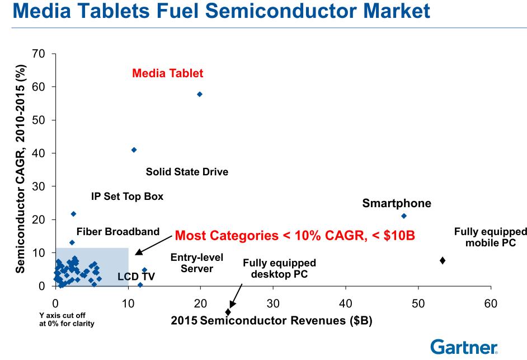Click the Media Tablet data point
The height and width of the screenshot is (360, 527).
(x=200, y=94)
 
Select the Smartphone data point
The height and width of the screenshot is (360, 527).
(x=404, y=216)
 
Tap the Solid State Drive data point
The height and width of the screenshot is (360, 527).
(x=134, y=150)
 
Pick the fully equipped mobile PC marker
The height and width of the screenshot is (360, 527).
(x=443, y=260)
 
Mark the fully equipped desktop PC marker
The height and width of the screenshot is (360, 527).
(x=228, y=312)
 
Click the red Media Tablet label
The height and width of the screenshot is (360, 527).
(x=168, y=73)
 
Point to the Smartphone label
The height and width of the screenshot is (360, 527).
(x=397, y=203)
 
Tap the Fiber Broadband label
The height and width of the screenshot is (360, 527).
(x=118, y=231)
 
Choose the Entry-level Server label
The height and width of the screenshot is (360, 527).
(x=196, y=263)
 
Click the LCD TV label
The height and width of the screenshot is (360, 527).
(x=136, y=277)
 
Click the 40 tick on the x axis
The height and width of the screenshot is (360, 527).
(x=346, y=303)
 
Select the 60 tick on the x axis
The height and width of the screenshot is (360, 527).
(x=491, y=303)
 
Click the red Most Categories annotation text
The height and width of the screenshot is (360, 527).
(x=295, y=235)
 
